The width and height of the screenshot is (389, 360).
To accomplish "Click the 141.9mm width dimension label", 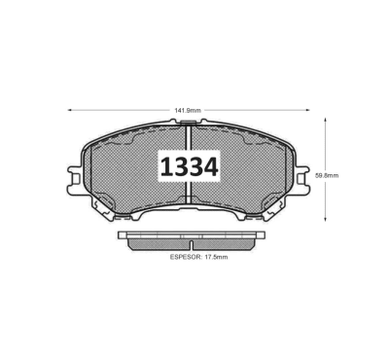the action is (188, 110).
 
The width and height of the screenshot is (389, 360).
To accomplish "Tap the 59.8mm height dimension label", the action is (327, 175).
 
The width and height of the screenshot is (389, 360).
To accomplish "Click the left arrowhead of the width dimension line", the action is (69, 110).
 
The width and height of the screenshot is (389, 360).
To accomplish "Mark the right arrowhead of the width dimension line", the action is (307, 110).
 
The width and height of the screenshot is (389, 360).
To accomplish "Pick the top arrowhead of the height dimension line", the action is (326, 121).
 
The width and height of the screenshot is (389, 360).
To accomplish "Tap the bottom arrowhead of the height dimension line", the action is (326, 219).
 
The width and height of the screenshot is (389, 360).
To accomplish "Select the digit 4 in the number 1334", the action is (210, 167).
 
